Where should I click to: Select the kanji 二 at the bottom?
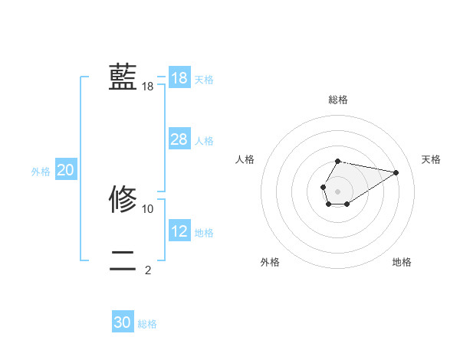tap(123, 260)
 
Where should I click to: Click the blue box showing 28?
tap(179, 139)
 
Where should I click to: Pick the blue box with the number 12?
tap(179, 231)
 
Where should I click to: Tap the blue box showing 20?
tap(66, 171)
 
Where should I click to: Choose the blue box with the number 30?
tap(123, 323)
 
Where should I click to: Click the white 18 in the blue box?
tap(179, 78)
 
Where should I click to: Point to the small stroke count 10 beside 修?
tap(148, 208)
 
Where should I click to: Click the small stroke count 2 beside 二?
tap(148, 270)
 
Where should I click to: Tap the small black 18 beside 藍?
tap(148, 87)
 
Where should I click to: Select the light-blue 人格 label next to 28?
tap(204, 141)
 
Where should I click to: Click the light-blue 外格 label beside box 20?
tap(41, 172)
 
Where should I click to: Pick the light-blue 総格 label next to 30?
tap(147, 324)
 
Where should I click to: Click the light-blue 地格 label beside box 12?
tap(204, 233)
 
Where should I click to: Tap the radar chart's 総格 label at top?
tap(337, 100)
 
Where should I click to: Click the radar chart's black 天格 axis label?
tap(431, 159)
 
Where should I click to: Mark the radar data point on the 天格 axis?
tap(396, 172)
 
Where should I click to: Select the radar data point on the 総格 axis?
tap(337, 161)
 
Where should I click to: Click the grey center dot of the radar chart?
tap(337, 190)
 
